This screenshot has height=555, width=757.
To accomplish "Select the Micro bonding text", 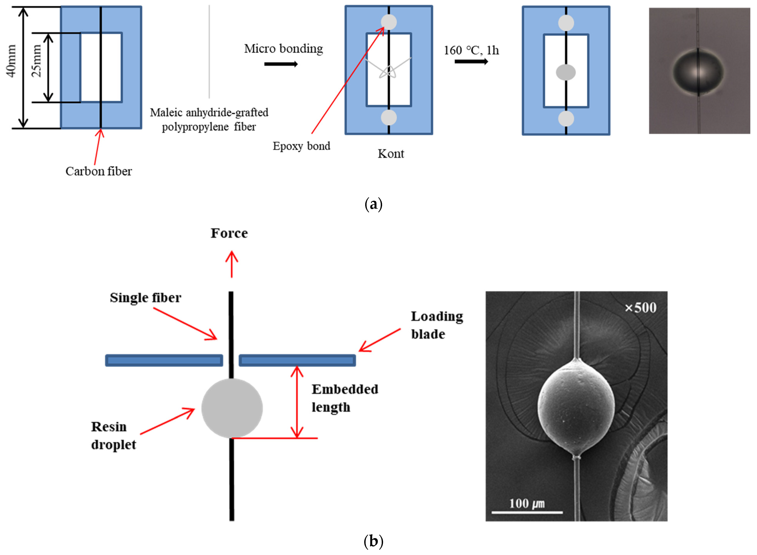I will tap(283, 49).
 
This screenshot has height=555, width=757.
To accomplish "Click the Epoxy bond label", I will tap(301, 146).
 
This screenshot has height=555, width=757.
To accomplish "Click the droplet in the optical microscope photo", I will tap(698, 72).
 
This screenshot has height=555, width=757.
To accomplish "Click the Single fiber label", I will tap(145, 298).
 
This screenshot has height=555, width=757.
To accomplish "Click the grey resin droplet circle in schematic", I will tap(232, 408).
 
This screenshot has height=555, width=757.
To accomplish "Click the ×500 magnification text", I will tap(640, 308).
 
